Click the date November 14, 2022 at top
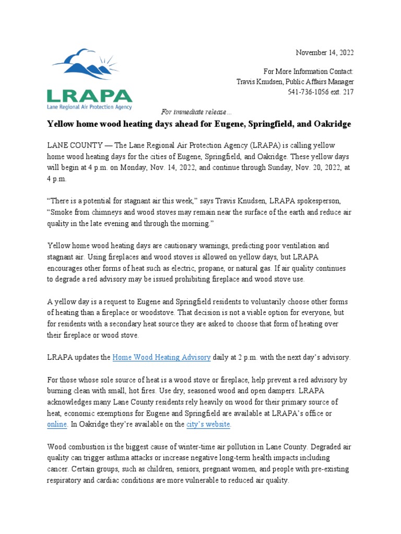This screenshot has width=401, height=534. click(x=325, y=53)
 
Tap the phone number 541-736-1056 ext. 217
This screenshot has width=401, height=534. click(x=321, y=92)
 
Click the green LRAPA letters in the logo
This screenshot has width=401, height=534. click(x=89, y=96)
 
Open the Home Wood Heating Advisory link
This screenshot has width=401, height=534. click(x=162, y=357)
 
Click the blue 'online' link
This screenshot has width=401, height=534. click(x=57, y=424)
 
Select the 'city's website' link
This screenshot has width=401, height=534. click(x=208, y=424)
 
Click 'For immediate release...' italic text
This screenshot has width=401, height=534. click(x=194, y=112)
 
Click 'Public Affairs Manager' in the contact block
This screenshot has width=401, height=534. click(x=320, y=82)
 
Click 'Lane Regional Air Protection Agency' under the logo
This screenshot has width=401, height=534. click(x=89, y=106)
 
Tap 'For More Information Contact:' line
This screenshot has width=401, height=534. click(x=309, y=71)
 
